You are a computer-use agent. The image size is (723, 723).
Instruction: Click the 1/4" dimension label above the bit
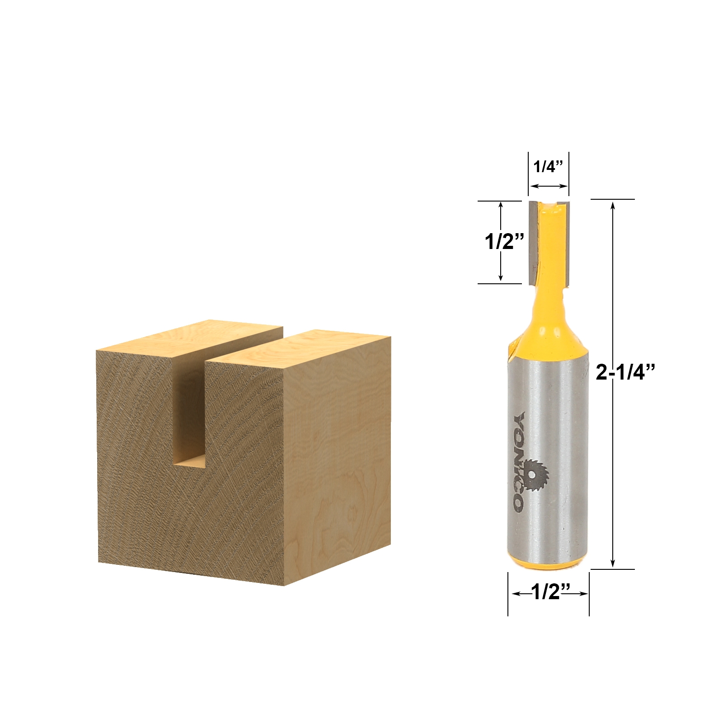click(548, 167)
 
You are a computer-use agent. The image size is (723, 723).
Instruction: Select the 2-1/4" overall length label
click(625, 372)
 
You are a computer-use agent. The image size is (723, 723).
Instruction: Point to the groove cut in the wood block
click(190, 407)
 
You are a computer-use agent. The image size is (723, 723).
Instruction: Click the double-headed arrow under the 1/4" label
click(549, 186)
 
